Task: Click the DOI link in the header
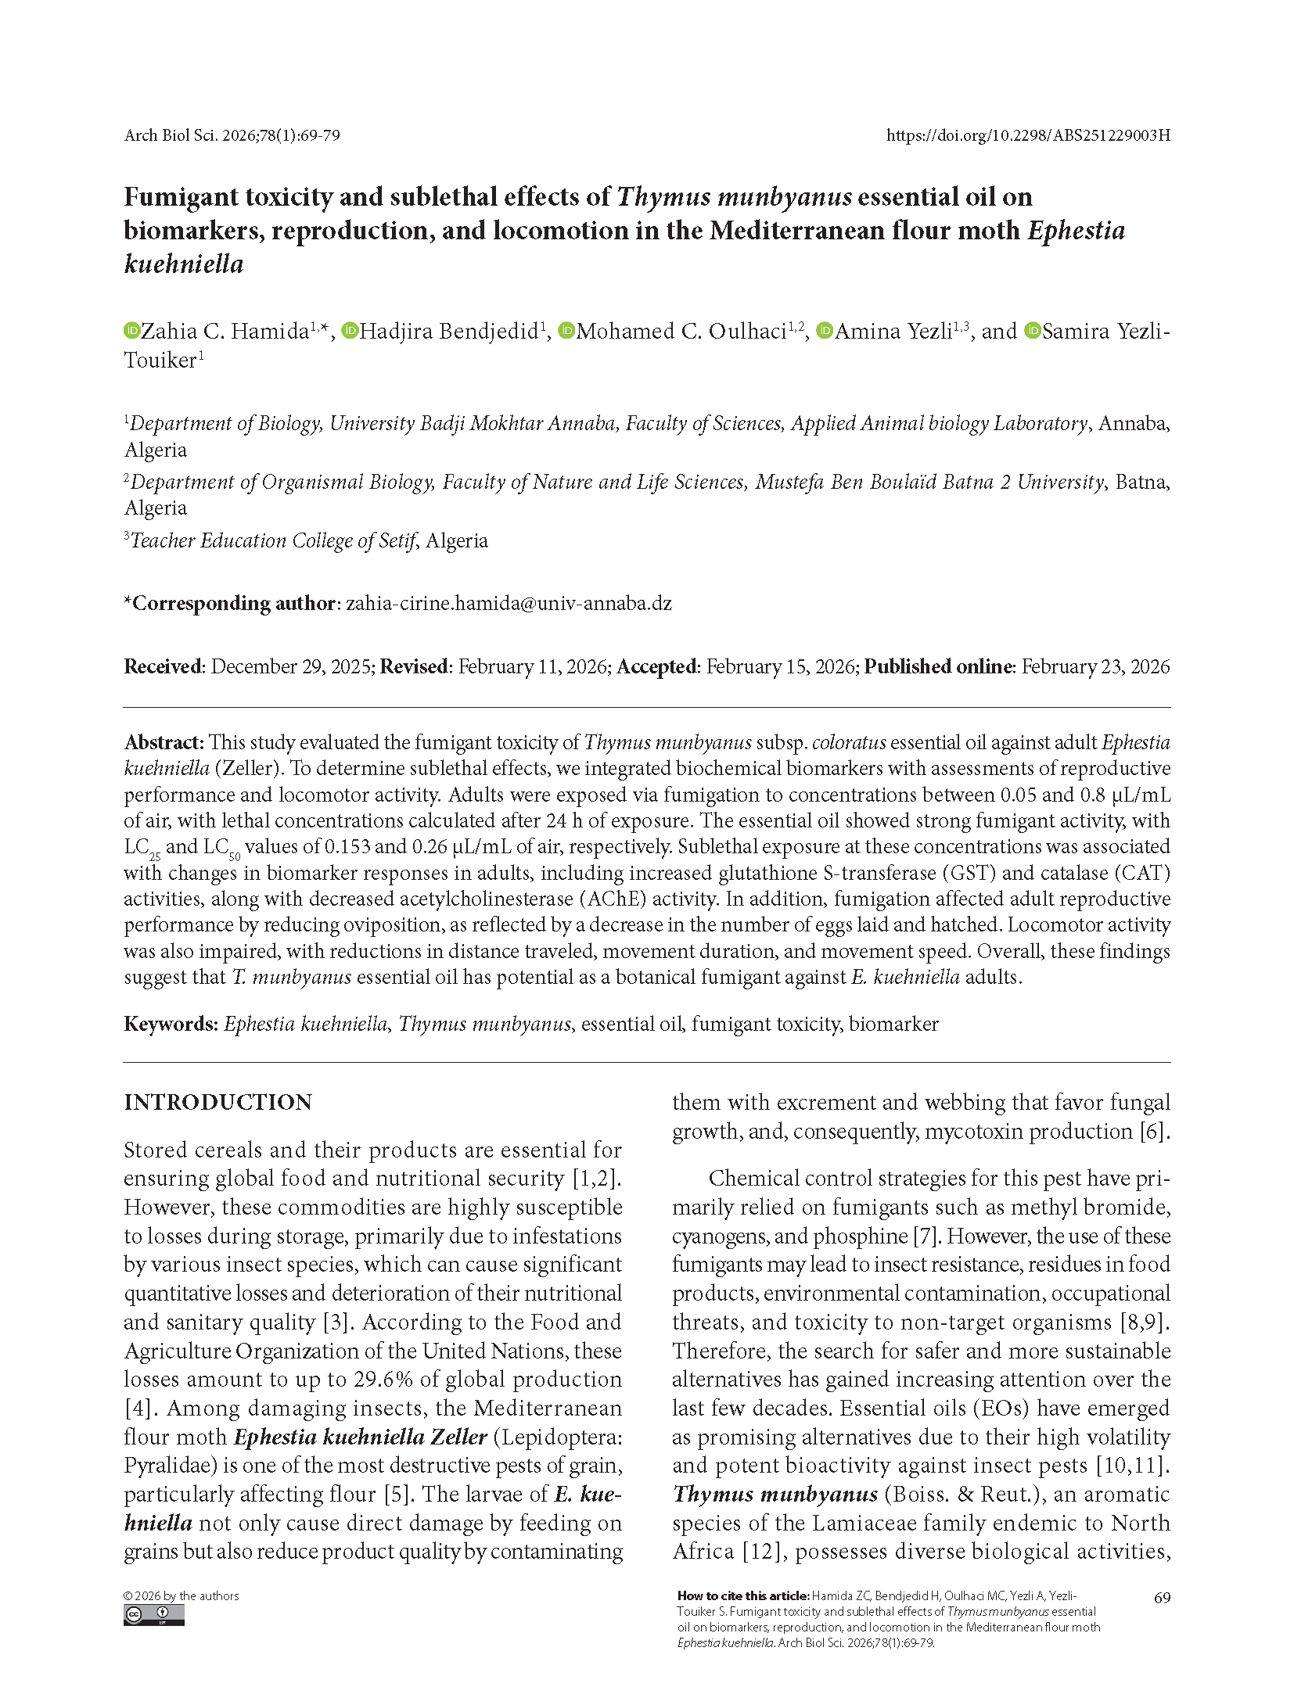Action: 1028,135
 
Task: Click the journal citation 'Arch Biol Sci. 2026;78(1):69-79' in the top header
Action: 232,135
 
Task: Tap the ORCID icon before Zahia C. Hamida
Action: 131,331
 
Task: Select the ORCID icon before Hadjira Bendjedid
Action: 350,331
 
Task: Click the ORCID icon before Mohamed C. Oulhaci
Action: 566,331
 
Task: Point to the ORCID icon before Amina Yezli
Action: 824,331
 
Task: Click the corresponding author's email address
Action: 509,603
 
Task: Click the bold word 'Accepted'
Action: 656,666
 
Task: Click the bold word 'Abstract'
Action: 163,742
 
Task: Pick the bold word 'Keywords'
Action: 169,1024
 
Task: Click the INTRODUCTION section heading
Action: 217,1102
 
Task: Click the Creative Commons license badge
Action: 153,1615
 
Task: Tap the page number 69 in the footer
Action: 1162,1597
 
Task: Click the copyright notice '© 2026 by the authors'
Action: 181,1595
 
